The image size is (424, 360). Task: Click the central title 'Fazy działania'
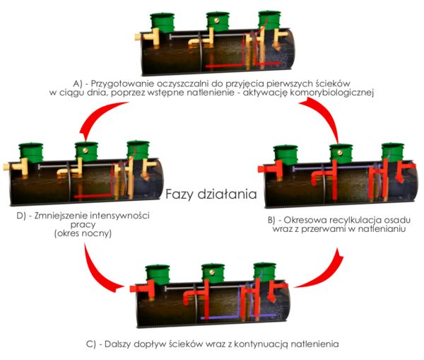[x=211, y=194]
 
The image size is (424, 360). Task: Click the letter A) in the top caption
[x=77, y=83]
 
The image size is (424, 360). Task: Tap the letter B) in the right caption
[x=271, y=221]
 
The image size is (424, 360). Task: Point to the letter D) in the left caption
[x=21, y=216]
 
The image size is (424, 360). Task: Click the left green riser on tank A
[x=163, y=23]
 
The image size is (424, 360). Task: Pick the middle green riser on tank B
[x=341, y=153]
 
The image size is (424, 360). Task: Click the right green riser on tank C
[x=265, y=272]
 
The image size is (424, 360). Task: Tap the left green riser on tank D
[x=31, y=153]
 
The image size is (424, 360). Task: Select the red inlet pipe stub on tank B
[x=264, y=169]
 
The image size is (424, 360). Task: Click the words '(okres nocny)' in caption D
[x=83, y=233]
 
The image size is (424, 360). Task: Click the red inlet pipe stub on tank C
[x=136, y=289]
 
